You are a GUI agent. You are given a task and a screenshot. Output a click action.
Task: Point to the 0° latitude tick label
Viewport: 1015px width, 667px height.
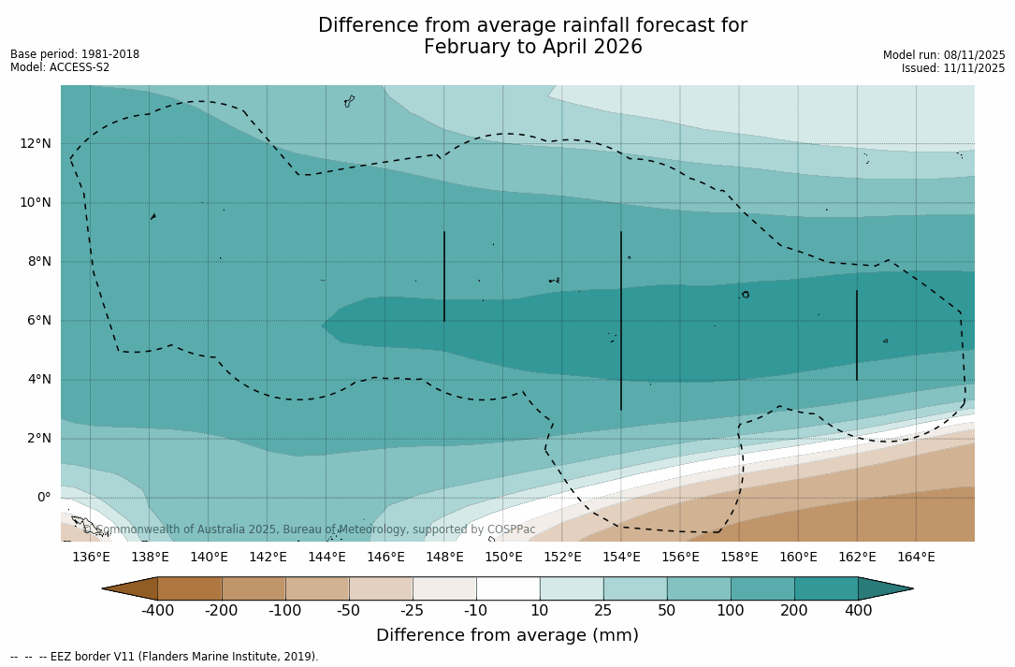pos(44,497)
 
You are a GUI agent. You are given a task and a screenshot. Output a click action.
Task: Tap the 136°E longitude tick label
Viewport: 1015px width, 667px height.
pos(91,558)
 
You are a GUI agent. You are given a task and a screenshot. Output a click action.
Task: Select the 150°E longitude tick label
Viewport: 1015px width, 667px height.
pos(503,558)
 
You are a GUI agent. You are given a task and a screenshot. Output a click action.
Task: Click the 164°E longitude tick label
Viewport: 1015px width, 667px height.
pos(916,558)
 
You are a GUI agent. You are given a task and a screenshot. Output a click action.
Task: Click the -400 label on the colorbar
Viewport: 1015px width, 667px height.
pos(158,611)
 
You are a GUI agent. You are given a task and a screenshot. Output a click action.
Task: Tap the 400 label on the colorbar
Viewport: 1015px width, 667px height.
pos(858,611)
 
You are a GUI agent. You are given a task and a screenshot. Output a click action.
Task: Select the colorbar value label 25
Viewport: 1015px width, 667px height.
pos(603,611)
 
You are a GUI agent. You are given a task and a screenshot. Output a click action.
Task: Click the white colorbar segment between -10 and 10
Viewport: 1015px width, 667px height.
pos(508,588)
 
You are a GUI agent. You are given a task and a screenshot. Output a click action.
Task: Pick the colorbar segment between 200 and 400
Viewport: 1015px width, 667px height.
pos(826,588)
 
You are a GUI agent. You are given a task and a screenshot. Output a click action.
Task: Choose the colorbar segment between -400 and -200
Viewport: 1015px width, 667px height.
pos(190,588)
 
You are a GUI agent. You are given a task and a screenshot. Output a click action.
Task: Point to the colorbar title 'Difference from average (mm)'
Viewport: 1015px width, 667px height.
pos(507,636)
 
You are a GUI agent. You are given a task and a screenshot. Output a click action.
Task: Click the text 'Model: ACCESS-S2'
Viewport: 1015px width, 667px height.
pos(60,67)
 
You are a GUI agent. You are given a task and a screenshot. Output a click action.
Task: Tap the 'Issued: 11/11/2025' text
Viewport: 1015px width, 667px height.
pos(953,68)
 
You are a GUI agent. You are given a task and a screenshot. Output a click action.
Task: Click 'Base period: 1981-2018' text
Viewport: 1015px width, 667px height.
pos(75,54)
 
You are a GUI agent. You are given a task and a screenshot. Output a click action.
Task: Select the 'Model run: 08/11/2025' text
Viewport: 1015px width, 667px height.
pos(944,55)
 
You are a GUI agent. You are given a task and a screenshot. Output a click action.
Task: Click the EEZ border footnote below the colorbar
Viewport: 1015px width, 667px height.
pos(165,657)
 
